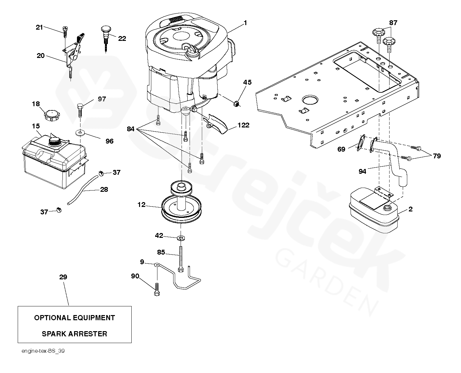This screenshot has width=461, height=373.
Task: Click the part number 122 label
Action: point(243,125)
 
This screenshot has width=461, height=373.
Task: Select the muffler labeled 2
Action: point(373,212)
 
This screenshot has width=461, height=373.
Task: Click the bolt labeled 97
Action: point(80,109)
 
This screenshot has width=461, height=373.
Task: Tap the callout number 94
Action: point(362,172)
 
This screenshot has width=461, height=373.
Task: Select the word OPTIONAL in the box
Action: point(52,318)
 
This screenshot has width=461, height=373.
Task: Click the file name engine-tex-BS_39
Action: point(43,351)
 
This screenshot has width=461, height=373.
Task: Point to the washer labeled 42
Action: point(181,238)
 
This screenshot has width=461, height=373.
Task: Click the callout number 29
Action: point(63,277)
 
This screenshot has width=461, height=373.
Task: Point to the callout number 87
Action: point(393,23)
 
